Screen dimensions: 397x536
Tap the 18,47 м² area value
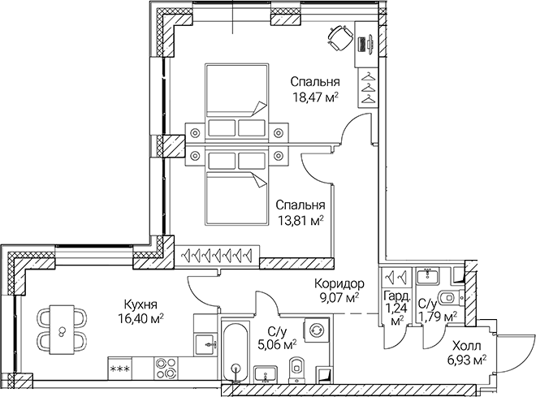pyautogui.click(x=316, y=97)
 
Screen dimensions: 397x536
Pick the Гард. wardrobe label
pyautogui.click(x=396, y=297)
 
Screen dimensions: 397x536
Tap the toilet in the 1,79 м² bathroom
pyautogui.click(x=443, y=296)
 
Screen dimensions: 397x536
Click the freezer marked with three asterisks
pyautogui.click(x=123, y=368)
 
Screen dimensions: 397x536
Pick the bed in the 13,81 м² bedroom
pyautogui.click(x=236, y=191)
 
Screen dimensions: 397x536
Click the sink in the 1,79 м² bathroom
pyautogui.click(x=426, y=277)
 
